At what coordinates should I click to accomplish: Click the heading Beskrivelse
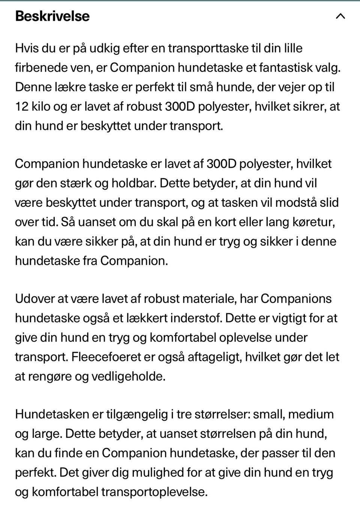pos(52,16)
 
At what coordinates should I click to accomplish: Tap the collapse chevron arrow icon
pos(340,16)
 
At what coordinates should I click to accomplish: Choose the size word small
pos(268,414)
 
